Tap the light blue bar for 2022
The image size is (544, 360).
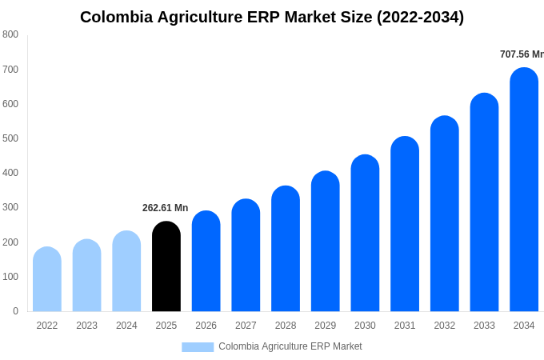pyautogui.click(x=47, y=279)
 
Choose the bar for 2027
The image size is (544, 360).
pyautogui.click(x=246, y=255)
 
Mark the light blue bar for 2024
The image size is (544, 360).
pyautogui.click(x=126, y=271)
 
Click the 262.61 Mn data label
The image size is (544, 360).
pyautogui.click(x=165, y=208)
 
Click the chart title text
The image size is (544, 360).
pyautogui.click(x=272, y=17)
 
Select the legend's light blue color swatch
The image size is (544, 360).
pyautogui.click(x=198, y=346)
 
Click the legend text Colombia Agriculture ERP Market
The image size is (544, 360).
pyautogui.click(x=290, y=346)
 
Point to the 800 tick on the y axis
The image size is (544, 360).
pyautogui.click(x=10, y=34)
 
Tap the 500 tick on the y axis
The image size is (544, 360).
pyautogui.click(x=10, y=138)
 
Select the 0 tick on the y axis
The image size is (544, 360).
pyautogui.click(x=15, y=311)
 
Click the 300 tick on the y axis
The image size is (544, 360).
pyautogui.click(x=10, y=207)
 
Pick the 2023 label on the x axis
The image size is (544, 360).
pyautogui.click(x=86, y=326)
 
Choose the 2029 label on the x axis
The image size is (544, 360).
pyautogui.click(x=325, y=326)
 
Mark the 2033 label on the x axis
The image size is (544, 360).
pyautogui.click(x=484, y=326)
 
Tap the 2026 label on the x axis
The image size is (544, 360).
pyautogui.click(x=206, y=326)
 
